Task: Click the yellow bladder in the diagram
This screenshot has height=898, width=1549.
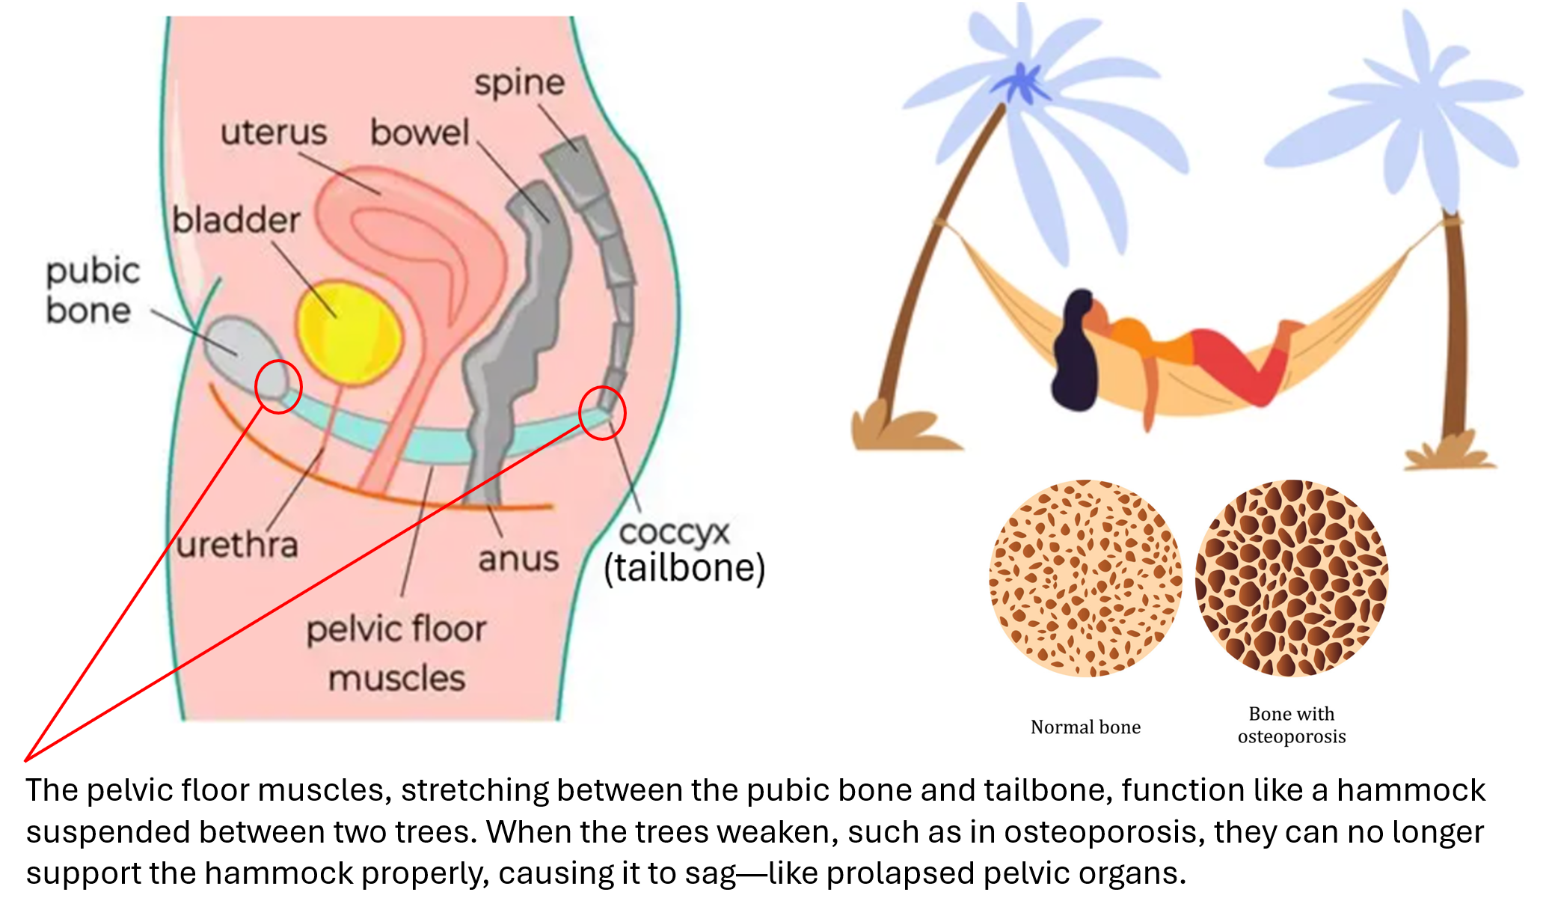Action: [x=349, y=333]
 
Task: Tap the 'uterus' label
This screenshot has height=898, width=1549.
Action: [x=274, y=133]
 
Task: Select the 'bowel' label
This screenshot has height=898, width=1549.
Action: [x=420, y=133]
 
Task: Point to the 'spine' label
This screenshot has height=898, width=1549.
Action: [x=519, y=82]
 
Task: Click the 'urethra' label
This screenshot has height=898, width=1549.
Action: [x=238, y=545]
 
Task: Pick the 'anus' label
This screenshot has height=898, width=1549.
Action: [x=518, y=559]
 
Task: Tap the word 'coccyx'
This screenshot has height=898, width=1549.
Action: [x=674, y=532]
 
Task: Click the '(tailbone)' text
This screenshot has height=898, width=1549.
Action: [x=684, y=568]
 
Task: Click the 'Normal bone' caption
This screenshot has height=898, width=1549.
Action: [x=1085, y=727]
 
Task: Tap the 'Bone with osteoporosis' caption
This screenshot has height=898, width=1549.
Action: [x=1292, y=725]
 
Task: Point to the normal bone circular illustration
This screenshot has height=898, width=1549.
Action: [x=1085, y=578]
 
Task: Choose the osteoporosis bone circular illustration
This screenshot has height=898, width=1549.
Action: [x=1292, y=578]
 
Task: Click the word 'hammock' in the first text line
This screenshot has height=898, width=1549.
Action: [x=1411, y=790]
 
